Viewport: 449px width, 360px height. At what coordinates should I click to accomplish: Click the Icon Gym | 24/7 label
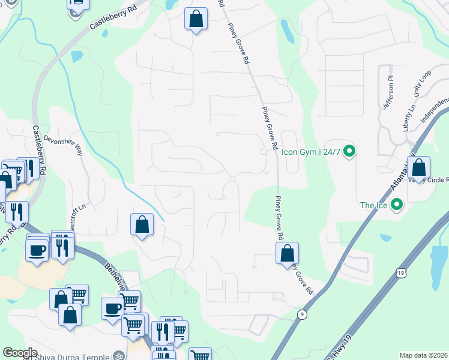(x=311, y=152)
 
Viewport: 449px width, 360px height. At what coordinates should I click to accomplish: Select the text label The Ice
(x=373, y=205)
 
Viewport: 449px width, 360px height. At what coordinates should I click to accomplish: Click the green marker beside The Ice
(x=396, y=205)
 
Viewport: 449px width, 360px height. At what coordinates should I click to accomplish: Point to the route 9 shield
(x=301, y=313)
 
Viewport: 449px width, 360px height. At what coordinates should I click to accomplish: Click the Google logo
(x=20, y=353)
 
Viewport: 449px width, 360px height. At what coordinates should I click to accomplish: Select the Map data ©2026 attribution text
(x=424, y=355)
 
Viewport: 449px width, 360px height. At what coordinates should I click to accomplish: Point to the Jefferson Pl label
(x=389, y=92)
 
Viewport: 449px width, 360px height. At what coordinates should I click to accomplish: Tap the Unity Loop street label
(x=423, y=85)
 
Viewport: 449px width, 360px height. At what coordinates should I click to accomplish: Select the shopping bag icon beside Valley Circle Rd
(x=420, y=167)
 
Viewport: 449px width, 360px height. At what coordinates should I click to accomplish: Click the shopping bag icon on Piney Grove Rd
(x=288, y=253)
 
